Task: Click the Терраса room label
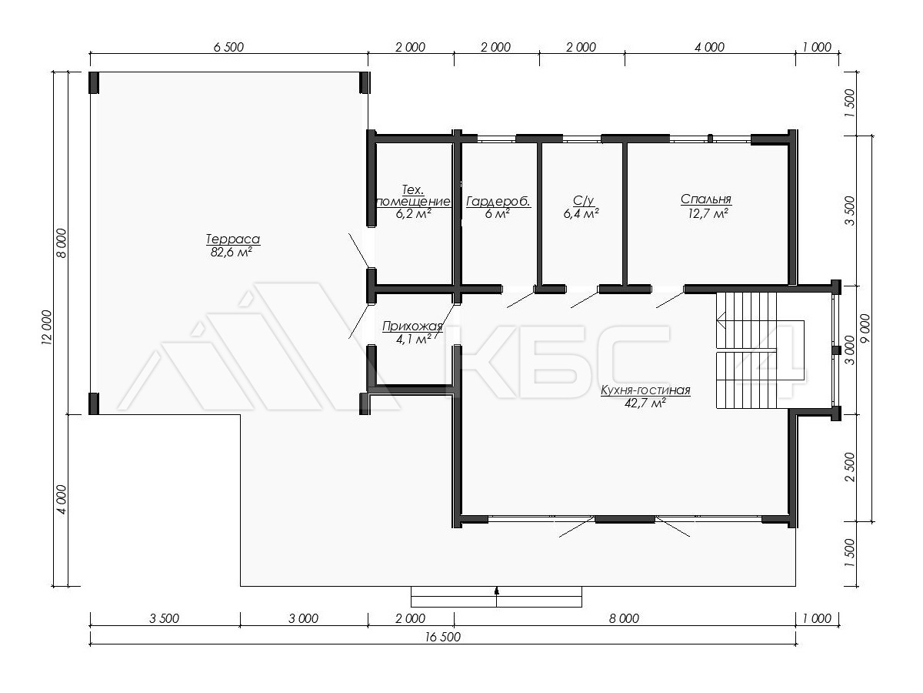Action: pyautogui.click(x=233, y=239)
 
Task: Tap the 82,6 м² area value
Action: pyautogui.click(x=232, y=253)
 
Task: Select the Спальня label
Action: pyautogui.click(x=706, y=199)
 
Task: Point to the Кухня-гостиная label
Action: pyautogui.click(x=645, y=390)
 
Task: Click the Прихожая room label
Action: pyautogui.click(x=412, y=326)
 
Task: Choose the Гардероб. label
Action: pyautogui.click(x=498, y=202)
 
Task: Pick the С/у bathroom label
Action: pyautogui.click(x=583, y=200)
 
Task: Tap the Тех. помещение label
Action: pyautogui.click(x=413, y=196)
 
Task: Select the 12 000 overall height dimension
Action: pyautogui.click(x=47, y=328)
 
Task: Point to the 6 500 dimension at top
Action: pyautogui.click(x=228, y=47)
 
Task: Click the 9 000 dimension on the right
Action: pyautogui.click(x=865, y=328)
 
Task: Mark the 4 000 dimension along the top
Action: pyautogui.click(x=709, y=47)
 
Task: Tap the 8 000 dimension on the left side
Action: pyautogui.click(x=62, y=243)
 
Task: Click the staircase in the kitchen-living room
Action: pyautogui.click(x=746, y=350)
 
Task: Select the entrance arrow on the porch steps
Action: pyautogui.click(x=497, y=591)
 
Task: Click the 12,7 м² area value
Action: pyautogui.click(x=708, y=214)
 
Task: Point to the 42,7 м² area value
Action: pyautogui.click(x=645, y=403)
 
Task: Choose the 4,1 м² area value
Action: pyautogui.click(x=413, y=339)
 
